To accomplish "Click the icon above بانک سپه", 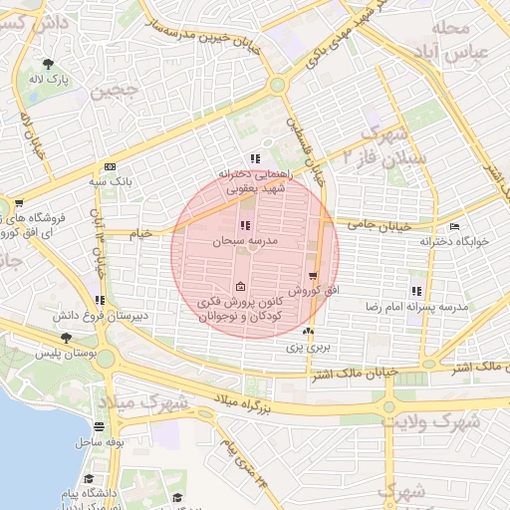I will pos(109,167).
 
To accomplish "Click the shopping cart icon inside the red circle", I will pos(314,276).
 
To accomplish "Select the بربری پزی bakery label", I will pos(309,348).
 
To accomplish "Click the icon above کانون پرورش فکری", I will pos(239,287).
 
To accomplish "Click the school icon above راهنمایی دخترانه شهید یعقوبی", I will pos(254,157).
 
